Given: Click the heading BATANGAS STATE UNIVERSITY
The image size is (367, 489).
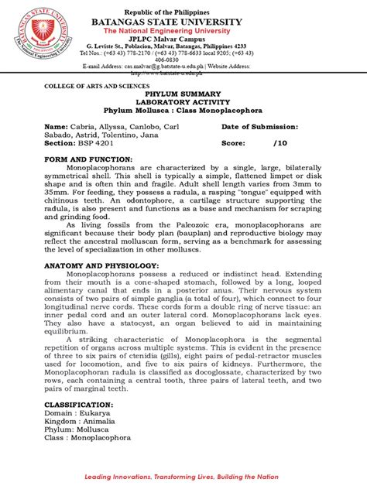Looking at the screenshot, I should pyautogui.click(x=183, y=22).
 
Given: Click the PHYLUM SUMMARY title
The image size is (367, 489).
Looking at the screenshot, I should pyautogui.click(x=183, y=91).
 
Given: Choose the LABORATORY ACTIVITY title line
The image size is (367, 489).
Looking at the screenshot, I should pyautogui.click(x=183, y=101).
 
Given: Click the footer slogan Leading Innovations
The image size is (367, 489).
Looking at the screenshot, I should pyautogui.click(x=183, y=477).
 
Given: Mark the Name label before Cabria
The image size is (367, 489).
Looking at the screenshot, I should pyautogui.click(x=56, y=126).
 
